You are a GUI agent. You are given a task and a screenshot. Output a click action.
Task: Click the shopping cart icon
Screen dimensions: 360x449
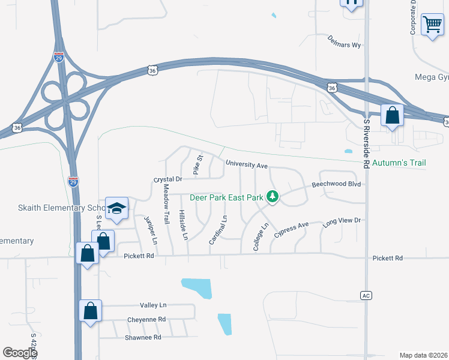[x=432, y=25]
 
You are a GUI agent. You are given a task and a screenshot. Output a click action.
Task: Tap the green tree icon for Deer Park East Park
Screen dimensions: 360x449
[x=273, y=196]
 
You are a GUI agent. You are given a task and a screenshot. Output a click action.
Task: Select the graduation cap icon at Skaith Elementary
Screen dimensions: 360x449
[x=117, y=209]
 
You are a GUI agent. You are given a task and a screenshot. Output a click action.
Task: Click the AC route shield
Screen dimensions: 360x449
[x=366, y=295]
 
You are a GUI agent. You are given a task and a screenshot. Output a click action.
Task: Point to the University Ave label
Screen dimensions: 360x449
[x=246, y=163]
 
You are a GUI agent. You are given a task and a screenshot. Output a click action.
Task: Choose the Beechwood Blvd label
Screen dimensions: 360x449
[x=336, y=184]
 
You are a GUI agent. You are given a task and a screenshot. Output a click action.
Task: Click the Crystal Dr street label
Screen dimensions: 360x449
[x=167, y=179]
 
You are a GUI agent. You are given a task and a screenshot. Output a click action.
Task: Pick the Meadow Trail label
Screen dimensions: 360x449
[x=166, y=201]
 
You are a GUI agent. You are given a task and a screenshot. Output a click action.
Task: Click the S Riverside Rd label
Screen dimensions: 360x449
[x=367, y=139]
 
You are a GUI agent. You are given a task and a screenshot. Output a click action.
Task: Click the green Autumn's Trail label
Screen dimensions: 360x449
[x=399, y=163]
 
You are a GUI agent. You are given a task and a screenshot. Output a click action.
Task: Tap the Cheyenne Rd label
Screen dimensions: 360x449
[x=146, y=319]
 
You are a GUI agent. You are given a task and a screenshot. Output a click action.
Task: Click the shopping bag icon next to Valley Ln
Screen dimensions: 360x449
[x=91, y=311]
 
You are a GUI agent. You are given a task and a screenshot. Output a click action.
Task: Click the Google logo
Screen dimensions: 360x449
[x=20, y=352]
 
